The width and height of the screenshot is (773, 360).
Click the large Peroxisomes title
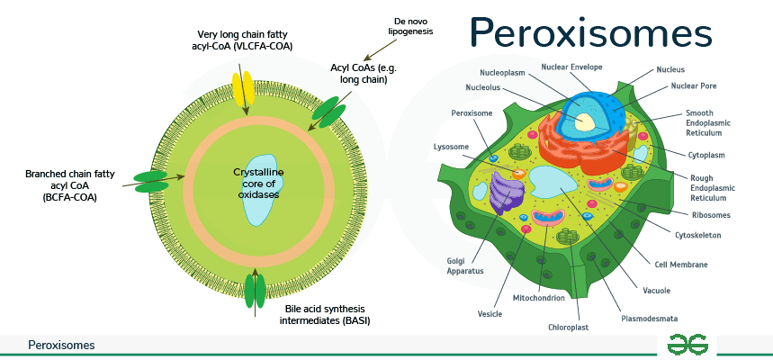[591, 34]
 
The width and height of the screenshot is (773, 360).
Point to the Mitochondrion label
[538, 298]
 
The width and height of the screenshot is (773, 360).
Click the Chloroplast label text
[568, 327]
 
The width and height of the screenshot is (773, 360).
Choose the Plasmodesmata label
[649, 318]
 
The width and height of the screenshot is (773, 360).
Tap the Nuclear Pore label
[693, 86]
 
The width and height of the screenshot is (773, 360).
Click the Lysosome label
[451, 146]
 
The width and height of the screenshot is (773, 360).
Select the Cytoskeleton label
[697, 235]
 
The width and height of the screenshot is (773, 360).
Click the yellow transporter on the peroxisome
[243, 87]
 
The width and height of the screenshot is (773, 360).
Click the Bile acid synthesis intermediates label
[328, 314]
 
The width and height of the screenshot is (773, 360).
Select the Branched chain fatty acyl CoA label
[69, 184]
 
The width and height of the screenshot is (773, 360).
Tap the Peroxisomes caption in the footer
[61, 345]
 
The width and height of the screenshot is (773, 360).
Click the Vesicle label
[490, 315]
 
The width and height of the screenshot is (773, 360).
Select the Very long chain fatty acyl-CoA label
[246, 40]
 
